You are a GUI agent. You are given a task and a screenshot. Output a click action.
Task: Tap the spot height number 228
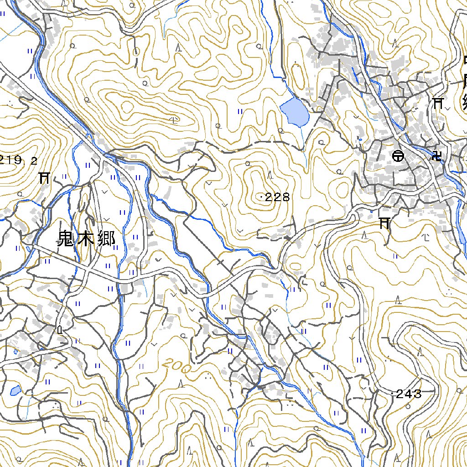tap(277, 197)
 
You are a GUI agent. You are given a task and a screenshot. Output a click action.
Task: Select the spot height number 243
tap(409, 394)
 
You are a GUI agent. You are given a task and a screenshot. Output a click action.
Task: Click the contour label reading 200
tap(176, 366)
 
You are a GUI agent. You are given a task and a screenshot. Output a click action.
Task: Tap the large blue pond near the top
tap(294, 113)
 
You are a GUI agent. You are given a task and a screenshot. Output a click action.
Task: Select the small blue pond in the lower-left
tap(15, 390)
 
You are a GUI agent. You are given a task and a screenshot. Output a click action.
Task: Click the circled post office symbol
tap(398, 156)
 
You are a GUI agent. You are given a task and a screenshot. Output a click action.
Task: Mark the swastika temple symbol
tap(436, 156)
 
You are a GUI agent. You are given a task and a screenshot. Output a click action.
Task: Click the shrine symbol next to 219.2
tap(44, 177)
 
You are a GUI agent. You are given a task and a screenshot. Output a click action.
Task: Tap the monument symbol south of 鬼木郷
tap(60, 329)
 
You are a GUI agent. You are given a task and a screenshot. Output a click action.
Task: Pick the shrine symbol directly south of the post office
tap(384, 223)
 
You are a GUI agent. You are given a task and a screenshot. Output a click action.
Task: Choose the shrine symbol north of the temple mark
tap(439, 103)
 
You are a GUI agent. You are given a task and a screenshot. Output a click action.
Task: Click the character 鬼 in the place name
tap(67, 239)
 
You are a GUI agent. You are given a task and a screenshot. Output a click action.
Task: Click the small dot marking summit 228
tap(261, 197)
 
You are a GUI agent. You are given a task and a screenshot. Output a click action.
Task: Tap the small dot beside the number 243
tap(393, 394)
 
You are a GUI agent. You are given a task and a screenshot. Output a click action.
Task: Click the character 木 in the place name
tap(86, 239)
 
